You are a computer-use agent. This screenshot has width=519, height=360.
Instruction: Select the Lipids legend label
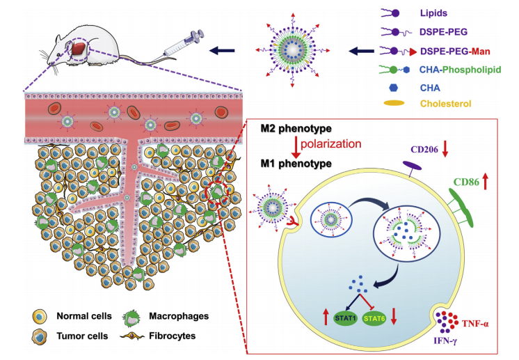(x=434, y=12)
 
